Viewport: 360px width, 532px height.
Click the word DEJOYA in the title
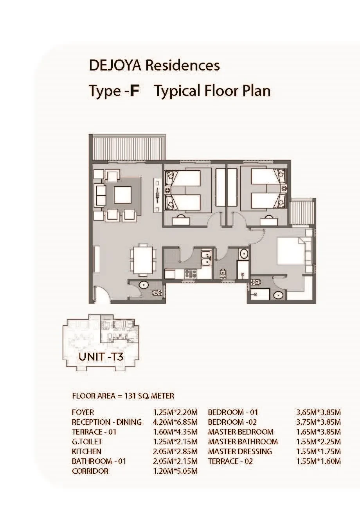click(115, 65)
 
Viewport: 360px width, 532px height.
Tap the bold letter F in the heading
click(134, 91)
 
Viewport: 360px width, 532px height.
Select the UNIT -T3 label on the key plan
click(101, 357)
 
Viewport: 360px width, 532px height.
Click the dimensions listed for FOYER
click(175, 412)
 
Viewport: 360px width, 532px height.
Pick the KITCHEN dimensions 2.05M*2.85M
click(175, 451)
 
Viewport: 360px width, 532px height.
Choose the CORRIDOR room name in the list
click(90, 471)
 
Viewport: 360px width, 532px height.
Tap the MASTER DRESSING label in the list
click(240, 451)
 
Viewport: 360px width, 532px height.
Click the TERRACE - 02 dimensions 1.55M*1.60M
click(319, 461)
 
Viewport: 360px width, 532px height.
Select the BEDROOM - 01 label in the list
click(233, 412)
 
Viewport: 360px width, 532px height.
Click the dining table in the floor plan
click(143, 260)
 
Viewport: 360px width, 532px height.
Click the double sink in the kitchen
click(206, 258)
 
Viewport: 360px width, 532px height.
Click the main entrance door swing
click(103, 294)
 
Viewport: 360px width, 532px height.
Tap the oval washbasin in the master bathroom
click(278, 295)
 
